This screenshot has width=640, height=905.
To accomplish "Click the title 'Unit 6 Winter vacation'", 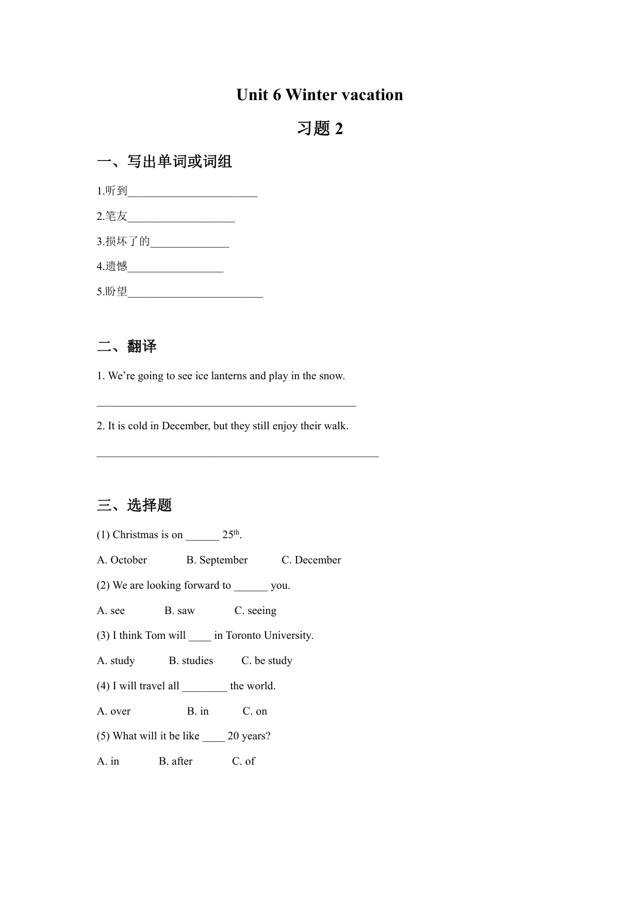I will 319,95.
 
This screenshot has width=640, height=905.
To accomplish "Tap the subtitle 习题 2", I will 319,128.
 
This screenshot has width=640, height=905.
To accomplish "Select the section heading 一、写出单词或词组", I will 165,162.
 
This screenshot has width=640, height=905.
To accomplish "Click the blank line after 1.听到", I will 192,192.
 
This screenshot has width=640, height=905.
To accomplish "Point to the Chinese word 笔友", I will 116,217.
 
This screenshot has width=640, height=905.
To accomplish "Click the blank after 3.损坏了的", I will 189,243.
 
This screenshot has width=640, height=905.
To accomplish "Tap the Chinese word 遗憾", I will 116,267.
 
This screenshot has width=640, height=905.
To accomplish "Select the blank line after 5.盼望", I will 195,293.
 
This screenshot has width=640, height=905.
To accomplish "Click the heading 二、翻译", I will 127,346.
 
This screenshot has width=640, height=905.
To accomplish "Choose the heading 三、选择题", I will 134,505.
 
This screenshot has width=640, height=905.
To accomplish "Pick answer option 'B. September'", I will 217,560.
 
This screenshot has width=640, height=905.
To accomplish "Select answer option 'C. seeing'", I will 255,611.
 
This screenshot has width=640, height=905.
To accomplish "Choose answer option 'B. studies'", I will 191,661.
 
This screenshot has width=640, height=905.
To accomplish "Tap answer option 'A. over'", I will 114,712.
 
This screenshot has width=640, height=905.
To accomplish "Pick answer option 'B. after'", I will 175,762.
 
